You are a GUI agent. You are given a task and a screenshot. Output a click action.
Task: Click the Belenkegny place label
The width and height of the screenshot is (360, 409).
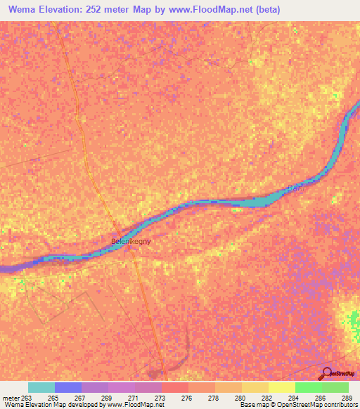[131, 241]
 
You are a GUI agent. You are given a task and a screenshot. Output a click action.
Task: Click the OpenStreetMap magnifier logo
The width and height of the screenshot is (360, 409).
[327, 374]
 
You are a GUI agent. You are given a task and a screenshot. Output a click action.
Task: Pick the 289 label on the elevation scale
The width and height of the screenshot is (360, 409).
[347, 397]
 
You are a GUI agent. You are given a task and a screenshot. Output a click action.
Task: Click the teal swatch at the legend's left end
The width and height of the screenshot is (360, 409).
[41, 387]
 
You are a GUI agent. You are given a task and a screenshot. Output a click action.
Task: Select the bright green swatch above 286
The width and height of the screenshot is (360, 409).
[308, 387]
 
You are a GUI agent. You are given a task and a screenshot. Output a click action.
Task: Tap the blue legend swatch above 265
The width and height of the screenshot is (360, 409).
[68, 387]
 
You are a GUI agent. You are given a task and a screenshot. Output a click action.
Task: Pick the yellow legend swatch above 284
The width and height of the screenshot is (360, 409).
[281, 387]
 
